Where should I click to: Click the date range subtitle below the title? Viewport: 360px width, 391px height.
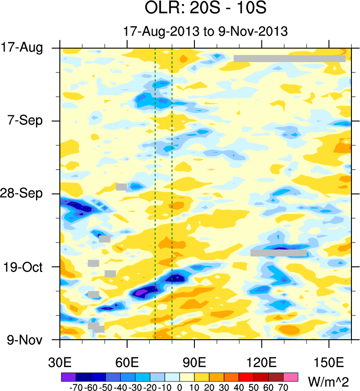(205, 31)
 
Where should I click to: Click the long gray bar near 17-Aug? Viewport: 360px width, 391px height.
(289, 58)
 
